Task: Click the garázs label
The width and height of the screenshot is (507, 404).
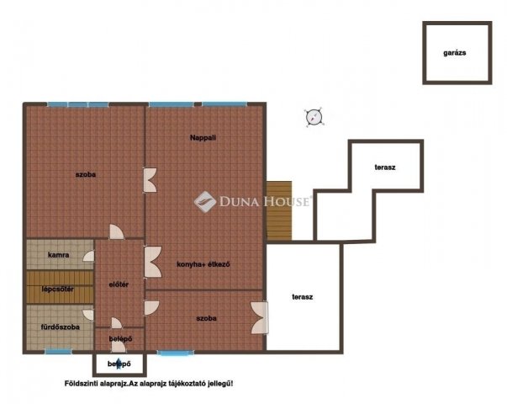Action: coord(454,53)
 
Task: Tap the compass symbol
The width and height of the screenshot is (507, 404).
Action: coord(314,117)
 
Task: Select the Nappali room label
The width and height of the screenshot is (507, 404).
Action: coord(203,138)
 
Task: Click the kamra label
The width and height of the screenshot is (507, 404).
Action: coord(59,255)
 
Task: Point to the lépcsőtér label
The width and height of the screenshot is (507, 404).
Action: coord(58,289)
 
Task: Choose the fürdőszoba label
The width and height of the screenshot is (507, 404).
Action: coord(61,327)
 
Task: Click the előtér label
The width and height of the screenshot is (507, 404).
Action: coord(119,284)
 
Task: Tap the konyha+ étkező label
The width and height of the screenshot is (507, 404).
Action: coord(203,264)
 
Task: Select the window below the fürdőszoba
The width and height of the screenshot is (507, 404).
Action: coord(58,351)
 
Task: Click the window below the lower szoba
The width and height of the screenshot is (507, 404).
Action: coord(176,352)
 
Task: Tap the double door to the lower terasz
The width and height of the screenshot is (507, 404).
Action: coord(260,318)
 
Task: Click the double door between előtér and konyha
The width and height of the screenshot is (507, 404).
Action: coord(153,262)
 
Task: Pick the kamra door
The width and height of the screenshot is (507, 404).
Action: coord(89,256)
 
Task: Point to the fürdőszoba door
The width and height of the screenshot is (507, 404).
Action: coord(88,316)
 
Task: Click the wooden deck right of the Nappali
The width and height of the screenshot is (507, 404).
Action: coord(279,210)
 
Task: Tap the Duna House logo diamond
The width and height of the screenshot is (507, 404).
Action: coord(205,202)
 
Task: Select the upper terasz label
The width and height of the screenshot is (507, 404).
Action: coord(385,167)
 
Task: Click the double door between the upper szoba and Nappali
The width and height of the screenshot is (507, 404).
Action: coord(151,180)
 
